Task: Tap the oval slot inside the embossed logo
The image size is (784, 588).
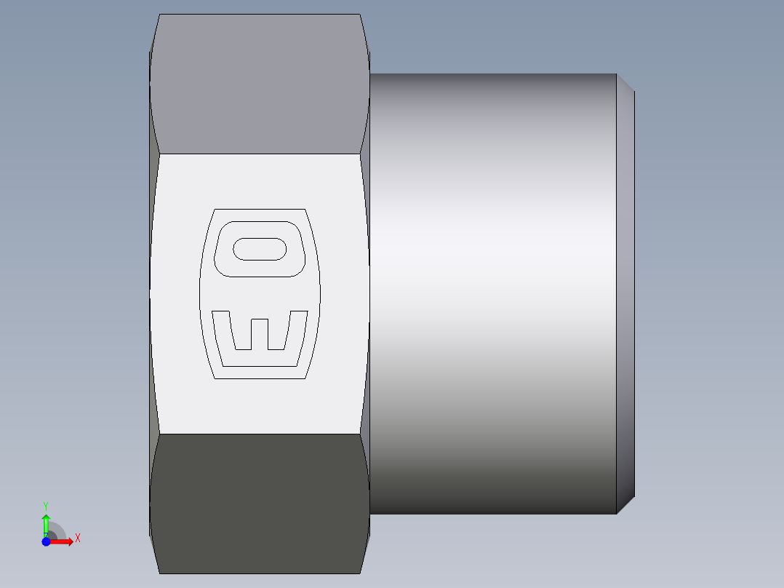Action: (x=259, y=249)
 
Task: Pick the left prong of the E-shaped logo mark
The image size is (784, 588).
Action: (x=222, y=331)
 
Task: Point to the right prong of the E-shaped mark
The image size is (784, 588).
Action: (x=297, y=331)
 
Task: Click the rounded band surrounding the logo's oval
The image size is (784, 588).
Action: (x=258, y=271)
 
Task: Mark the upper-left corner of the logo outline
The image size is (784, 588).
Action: (x=215, y=211)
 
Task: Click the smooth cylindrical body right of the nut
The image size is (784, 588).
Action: (x=495, y=291)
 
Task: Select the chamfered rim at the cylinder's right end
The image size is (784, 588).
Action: (x=625, y=291)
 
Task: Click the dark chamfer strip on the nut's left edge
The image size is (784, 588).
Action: (x=153, y=291)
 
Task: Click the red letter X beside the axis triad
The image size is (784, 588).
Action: (x=77, y=539)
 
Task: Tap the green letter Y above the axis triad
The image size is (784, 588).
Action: (x=45, y=505)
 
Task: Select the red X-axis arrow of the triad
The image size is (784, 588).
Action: (x=64, y=541)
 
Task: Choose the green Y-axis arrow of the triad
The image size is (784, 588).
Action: (x=46, y=523)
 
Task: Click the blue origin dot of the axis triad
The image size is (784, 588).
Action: (x=46, y=541)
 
